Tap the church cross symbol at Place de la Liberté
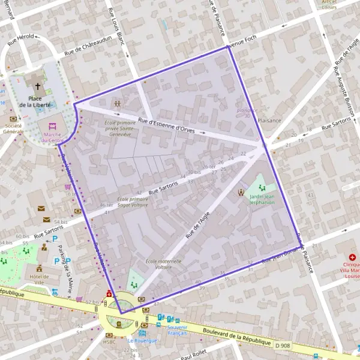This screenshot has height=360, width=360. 38,87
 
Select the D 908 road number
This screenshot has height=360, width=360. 283,346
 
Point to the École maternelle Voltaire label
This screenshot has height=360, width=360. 159,265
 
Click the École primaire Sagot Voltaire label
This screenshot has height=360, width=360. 133,202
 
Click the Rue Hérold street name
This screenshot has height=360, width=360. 20,40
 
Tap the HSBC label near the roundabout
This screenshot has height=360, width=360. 109,341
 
